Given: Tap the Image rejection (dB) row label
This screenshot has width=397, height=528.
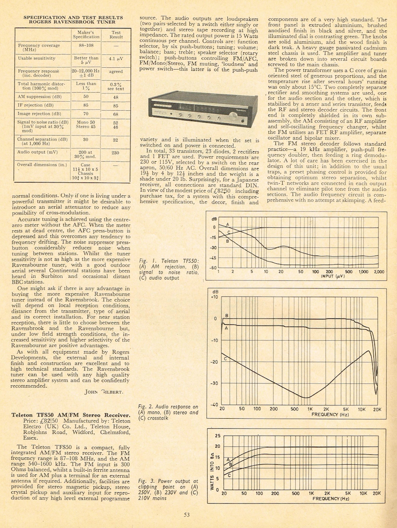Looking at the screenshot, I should (x=39, y=114).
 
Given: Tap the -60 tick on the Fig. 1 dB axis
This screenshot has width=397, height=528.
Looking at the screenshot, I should (x=212, y=268).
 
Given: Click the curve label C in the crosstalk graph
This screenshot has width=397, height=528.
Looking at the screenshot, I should (x=226, y=358).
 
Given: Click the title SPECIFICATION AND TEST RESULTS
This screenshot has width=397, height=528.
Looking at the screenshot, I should (x=73, y=17).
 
